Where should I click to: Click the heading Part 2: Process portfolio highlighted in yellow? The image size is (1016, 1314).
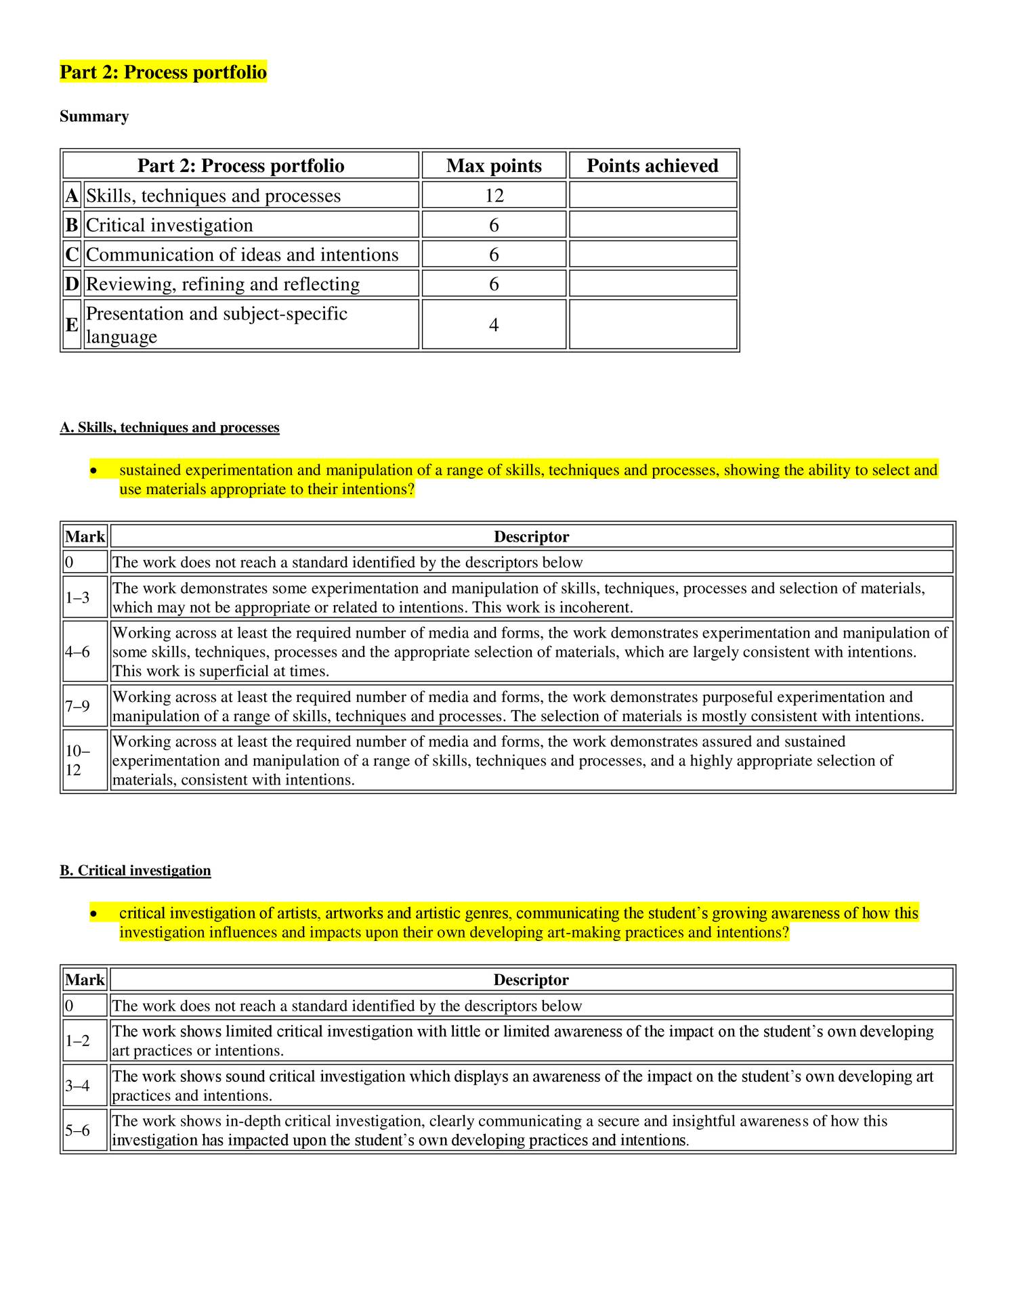click(x=163, y=72)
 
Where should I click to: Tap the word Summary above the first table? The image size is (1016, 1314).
click(x=93, y=116)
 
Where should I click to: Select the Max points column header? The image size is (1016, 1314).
click(x=494, y=166)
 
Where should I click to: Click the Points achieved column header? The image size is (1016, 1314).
click(x=652, y=166)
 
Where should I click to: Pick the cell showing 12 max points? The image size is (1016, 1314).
click(x=494, y=196)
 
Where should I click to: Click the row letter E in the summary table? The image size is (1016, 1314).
click(x=72, y=325)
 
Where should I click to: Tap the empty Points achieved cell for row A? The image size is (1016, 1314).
click(x=652, y=196)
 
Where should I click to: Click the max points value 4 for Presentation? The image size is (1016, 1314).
click(x=494, y=325)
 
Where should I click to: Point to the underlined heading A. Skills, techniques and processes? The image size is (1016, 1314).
click(x=169, y=427)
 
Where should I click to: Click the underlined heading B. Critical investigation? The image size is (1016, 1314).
click(x=135, y=871)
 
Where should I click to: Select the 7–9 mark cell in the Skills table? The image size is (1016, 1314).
click(x=77, y=706)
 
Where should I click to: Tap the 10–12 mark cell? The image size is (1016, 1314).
click(x=77, y=760)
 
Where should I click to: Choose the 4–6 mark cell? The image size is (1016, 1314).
click(x=77, y=652)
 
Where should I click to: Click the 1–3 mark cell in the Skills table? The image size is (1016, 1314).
click(x=77, y=598)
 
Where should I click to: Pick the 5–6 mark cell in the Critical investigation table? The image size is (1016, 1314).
click(x=77, y=1130)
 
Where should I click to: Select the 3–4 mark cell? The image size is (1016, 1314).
click(x=77, y=1086)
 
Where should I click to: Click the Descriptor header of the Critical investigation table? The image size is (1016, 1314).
click(x=531, y=980)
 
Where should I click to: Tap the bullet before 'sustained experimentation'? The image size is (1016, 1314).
click(x=94, y=470)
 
